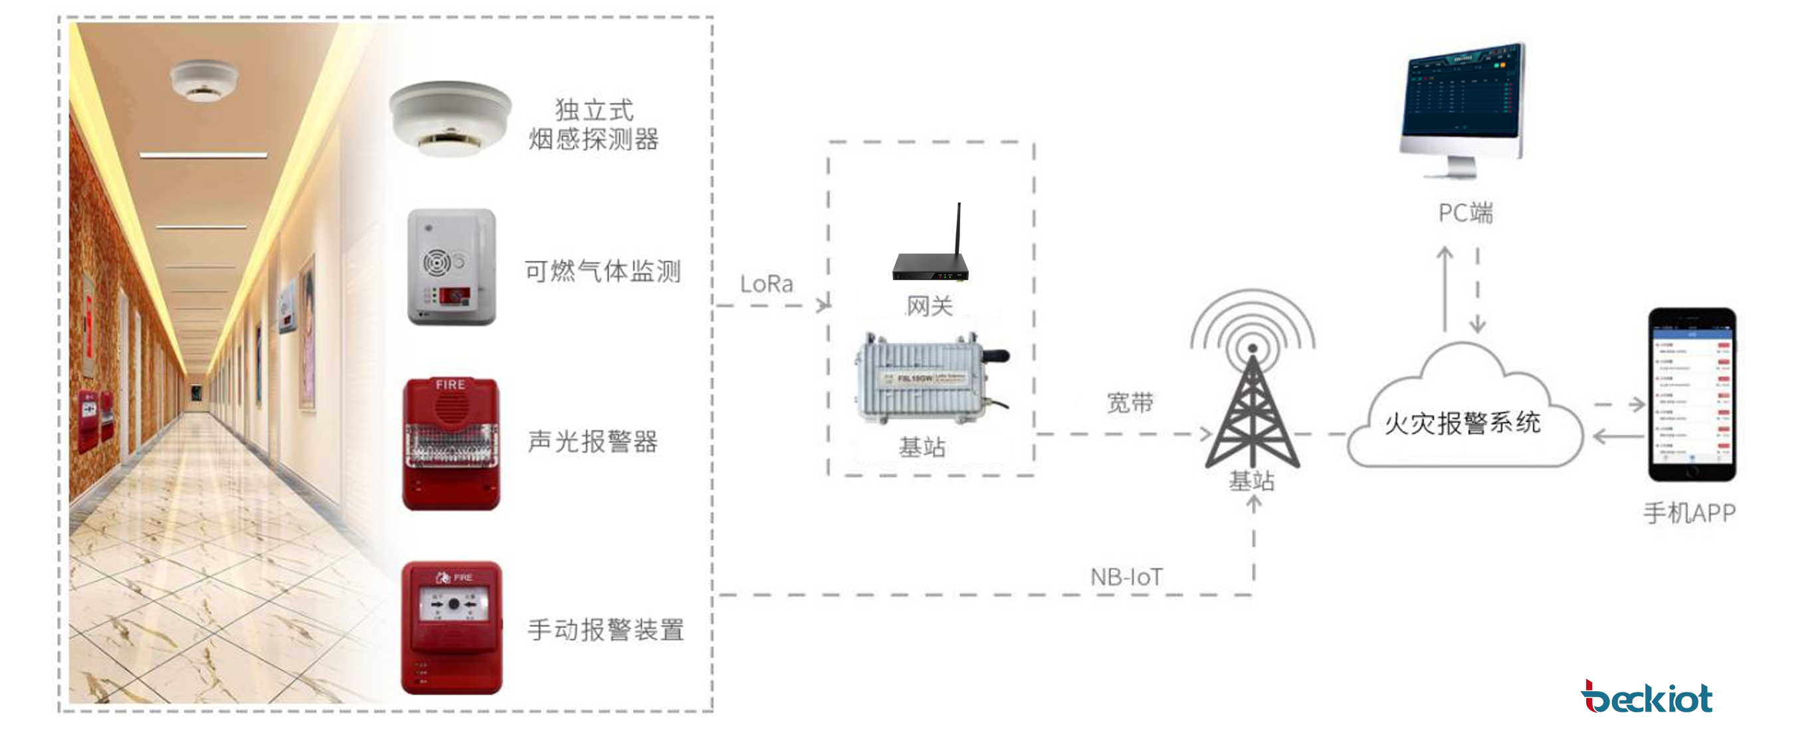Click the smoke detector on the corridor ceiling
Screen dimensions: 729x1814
[x=203, y=80]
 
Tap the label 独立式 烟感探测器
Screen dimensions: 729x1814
[x=593, y=125]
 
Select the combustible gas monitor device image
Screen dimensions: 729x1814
[x=451, y=267]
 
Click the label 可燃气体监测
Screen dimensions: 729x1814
[x=603, y=271]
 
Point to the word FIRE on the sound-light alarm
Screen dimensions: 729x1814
[x=451, y=385]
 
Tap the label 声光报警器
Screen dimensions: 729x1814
[x=593, y=442]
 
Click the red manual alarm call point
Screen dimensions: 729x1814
[x=451, y=627]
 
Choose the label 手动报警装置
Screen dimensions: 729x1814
[x=605, y=630]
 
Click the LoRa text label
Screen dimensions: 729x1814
[x=766, y=284]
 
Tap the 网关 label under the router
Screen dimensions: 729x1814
[x=930, y=306]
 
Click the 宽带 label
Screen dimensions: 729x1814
[x=1130, y=403]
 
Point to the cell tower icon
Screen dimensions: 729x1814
[x=1252, y=394]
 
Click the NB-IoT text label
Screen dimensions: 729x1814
[x=1126, y=577]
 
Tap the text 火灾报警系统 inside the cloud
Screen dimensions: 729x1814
[x=1462, y=423]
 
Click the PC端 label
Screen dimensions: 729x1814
[x=1464, y=212]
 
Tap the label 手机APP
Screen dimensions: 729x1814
[x=1688, y=513]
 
